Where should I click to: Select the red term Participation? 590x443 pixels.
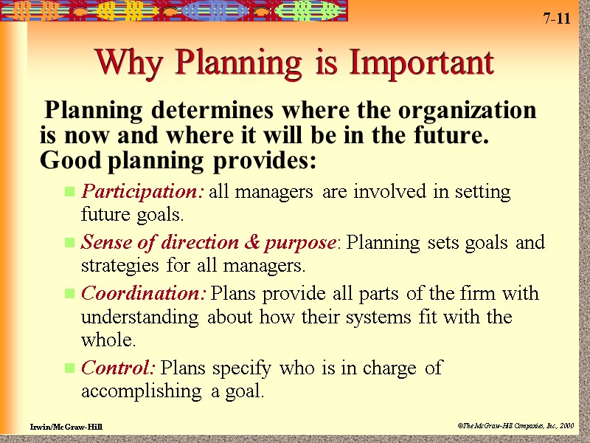tap(142, 192)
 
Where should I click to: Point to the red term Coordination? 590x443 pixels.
tap(143, 293)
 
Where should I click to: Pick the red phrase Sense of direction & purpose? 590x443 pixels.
tap(208, 242)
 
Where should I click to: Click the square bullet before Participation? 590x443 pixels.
tap(70, 193)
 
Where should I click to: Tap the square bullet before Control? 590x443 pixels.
tap(70, 368)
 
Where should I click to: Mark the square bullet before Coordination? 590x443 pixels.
tap(70, 294)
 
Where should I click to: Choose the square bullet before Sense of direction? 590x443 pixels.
tap(70, 243)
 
